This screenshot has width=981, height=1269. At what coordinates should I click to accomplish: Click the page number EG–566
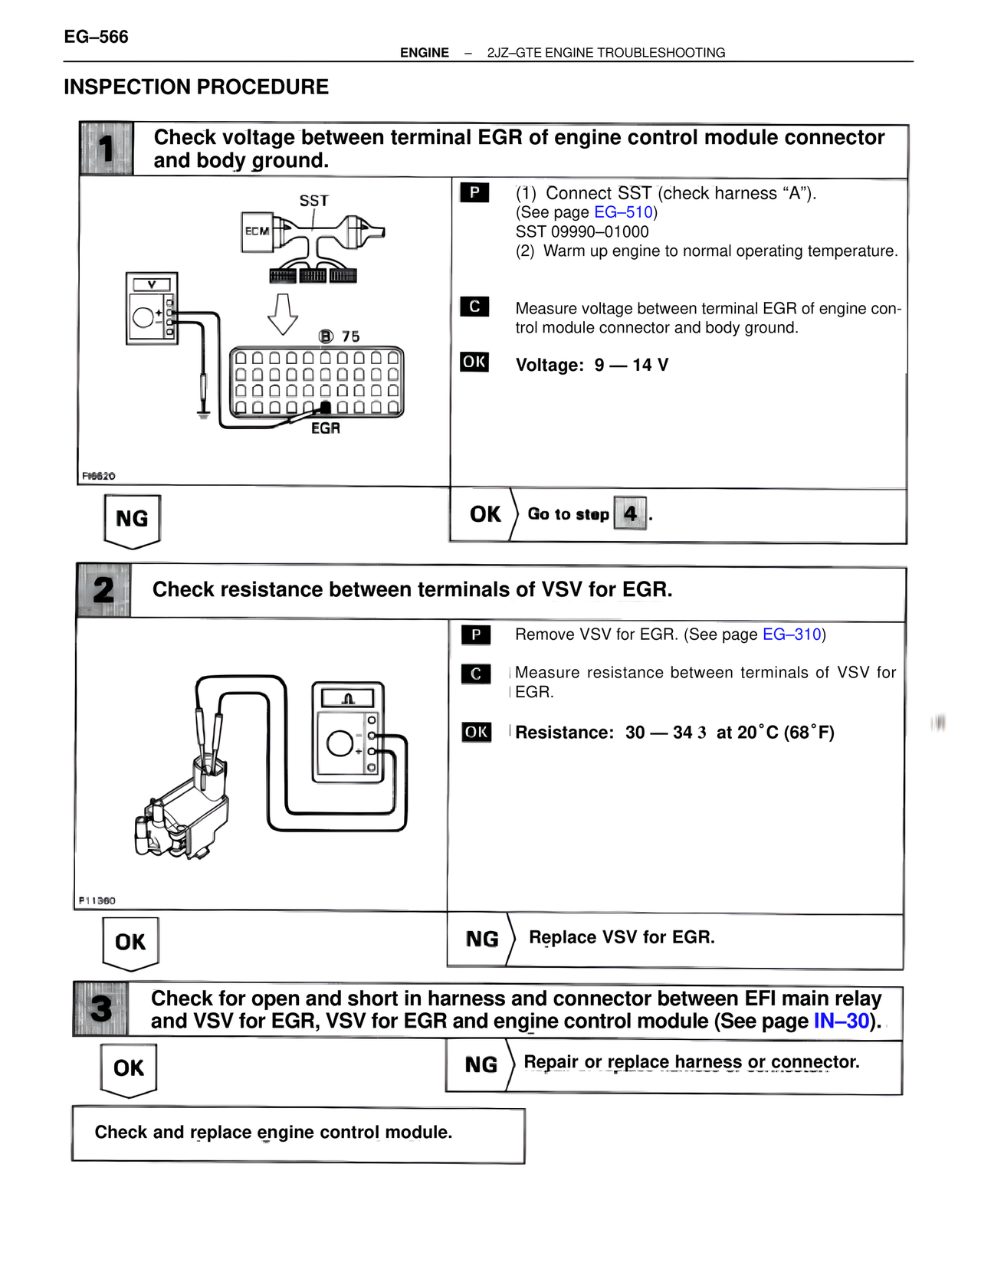96,37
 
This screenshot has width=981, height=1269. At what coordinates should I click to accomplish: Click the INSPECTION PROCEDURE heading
196,87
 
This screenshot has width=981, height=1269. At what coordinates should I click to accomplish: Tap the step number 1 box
106,149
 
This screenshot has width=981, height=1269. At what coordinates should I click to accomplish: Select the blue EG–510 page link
623,212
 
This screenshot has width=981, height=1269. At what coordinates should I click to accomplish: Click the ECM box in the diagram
258,231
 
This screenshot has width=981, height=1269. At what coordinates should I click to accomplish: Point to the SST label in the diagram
313,201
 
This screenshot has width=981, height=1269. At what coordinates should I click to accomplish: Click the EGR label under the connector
326,428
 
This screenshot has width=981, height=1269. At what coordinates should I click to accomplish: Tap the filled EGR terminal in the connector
326,408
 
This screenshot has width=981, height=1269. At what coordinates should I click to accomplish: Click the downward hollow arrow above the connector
283,313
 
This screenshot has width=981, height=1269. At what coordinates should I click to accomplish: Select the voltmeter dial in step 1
143,316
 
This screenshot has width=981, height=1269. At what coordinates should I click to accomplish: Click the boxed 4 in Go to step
630,513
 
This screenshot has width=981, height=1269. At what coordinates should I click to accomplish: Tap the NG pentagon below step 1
132,520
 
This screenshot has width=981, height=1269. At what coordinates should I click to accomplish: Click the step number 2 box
103,591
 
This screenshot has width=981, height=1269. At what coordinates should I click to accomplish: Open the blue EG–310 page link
792,634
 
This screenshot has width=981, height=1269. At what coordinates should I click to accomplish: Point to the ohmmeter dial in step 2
340,743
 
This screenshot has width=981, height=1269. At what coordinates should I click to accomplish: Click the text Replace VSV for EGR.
622,937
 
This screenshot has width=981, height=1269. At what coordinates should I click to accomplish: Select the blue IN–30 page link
841,1021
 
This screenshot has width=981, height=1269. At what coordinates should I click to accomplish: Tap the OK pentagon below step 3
129,1068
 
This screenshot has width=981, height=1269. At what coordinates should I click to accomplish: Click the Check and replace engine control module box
298,1134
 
